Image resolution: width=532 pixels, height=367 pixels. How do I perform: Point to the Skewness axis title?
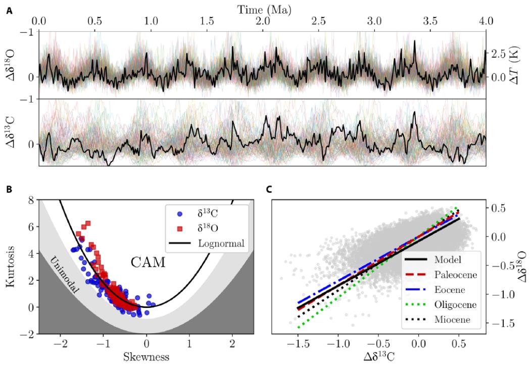146,356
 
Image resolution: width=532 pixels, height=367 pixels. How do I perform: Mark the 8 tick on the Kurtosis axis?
32,200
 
